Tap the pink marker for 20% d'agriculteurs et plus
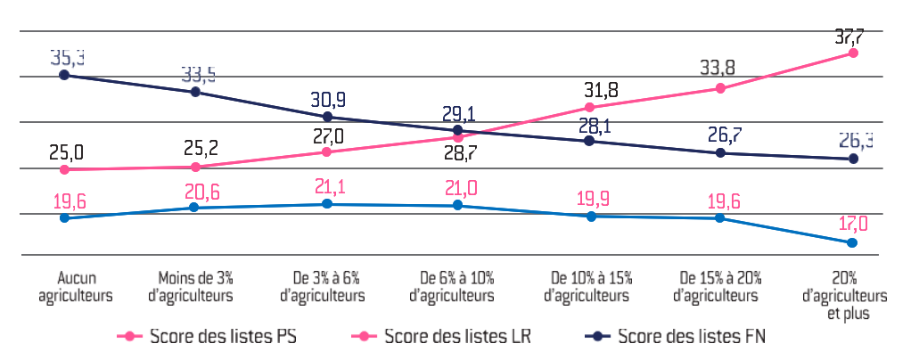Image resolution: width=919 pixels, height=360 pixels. (853, 53)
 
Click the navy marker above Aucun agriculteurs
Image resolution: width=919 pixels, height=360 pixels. (64, 75)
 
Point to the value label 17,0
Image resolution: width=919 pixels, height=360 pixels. (852, 223)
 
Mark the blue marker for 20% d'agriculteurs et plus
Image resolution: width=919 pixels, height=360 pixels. (853, 242)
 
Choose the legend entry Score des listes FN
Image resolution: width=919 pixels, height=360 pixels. (678, 337)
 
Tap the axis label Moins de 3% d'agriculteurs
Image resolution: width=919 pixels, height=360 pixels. (196, 285)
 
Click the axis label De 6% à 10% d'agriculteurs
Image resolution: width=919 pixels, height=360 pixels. (458, 285)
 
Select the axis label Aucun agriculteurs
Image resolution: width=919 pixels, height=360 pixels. (64, 285)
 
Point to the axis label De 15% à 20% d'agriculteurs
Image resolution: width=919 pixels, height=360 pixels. (720, 285)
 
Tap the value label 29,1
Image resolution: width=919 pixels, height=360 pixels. (458, 114)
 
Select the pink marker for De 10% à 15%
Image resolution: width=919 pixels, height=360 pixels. (589, 107)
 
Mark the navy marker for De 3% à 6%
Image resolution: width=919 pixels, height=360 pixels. (327, 117)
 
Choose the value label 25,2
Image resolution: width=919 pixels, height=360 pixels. (196, 147)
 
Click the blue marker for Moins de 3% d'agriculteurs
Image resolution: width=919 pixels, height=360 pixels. (195, 208)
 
